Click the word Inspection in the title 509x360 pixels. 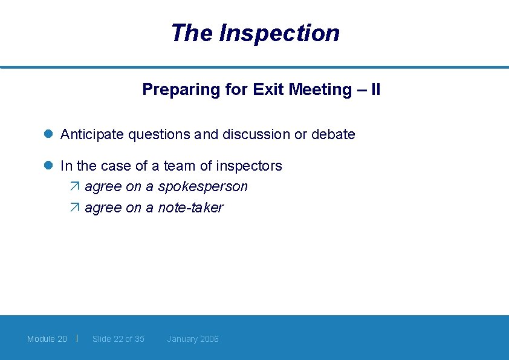279,33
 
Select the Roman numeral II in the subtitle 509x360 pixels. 375,90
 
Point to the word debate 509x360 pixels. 333,134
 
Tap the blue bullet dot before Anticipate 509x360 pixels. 50,134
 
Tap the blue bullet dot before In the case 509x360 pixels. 50,166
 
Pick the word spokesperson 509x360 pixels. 203,187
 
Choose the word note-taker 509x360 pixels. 190,208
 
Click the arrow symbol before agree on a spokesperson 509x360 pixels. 74,187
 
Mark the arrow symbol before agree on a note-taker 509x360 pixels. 74,208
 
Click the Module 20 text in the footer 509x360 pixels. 47,339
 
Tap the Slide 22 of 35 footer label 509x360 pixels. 118,339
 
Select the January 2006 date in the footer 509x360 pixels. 193,339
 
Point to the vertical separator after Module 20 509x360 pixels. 77,338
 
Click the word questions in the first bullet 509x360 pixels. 160,134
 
